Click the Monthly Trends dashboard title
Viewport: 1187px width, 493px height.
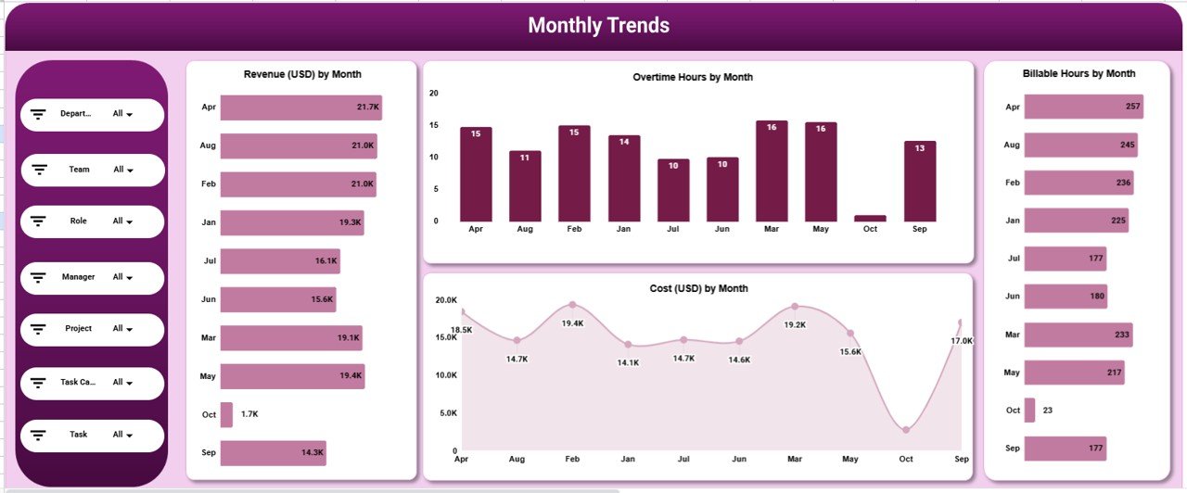[598, 26]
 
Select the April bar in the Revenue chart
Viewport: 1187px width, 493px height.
[300, 107]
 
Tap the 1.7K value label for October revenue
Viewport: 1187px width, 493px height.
[249, 414]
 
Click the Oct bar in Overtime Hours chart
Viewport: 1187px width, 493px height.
[871, 219]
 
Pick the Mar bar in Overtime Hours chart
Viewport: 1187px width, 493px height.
[772, 171]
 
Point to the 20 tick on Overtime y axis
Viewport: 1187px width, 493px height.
[433, 93]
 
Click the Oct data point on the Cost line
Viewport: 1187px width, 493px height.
[906, 430]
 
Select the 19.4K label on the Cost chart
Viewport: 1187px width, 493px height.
[572, 323]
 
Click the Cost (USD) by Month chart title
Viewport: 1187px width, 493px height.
[698, 288]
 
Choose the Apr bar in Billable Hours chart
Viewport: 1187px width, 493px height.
[1083, 107]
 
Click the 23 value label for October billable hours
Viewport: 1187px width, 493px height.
[1048, 411]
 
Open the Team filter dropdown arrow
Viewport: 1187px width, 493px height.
[130, 171]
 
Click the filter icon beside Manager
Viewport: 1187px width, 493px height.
[39, 277]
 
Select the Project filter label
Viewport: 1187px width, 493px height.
[79, 328]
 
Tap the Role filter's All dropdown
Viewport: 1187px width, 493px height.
[122, 221]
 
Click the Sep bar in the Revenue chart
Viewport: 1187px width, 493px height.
[273, 453]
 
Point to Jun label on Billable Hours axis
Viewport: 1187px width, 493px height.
[1013, 297]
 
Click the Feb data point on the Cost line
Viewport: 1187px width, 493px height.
[572, 305]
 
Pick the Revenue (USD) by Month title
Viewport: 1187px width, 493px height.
[302, 74]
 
